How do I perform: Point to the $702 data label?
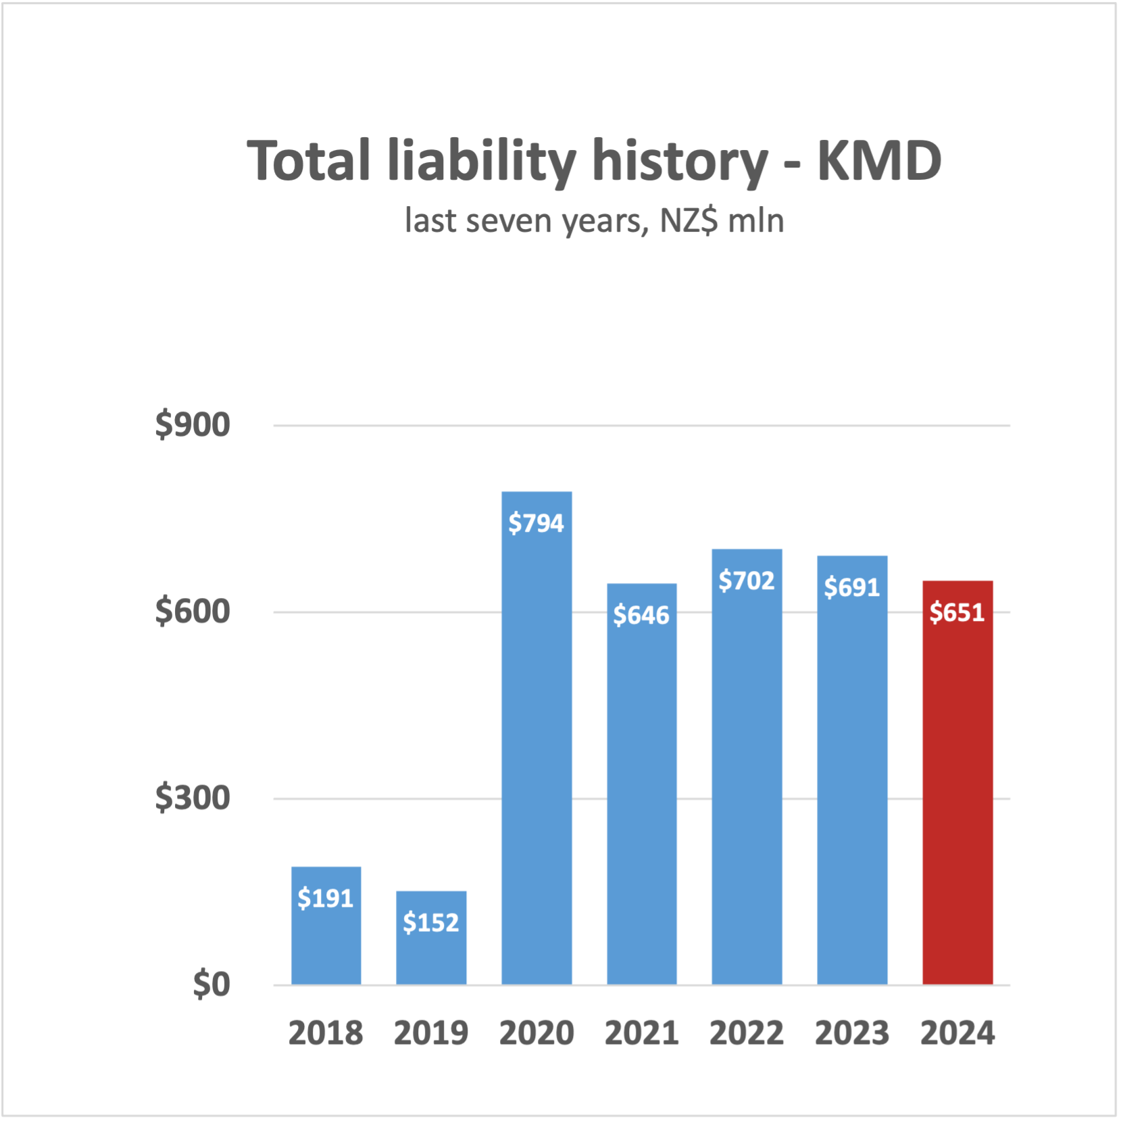coord(746,580)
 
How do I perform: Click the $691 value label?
coord(851,587)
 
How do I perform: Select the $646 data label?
coord(641,615)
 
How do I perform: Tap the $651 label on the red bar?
coord(957,612)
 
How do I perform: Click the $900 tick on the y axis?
coord(193,425)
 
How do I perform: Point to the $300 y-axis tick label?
coord(193,798)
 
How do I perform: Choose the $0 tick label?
coord(211,985)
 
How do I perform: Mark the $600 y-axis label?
coord(193,612)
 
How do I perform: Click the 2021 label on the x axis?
coord(641,1032)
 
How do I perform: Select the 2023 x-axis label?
coord(851,1032)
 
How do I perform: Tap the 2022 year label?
coord(746,1032)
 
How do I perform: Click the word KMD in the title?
coord(878,161)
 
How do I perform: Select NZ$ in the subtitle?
coord(688,221)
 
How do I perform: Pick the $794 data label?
coord(536,523)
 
